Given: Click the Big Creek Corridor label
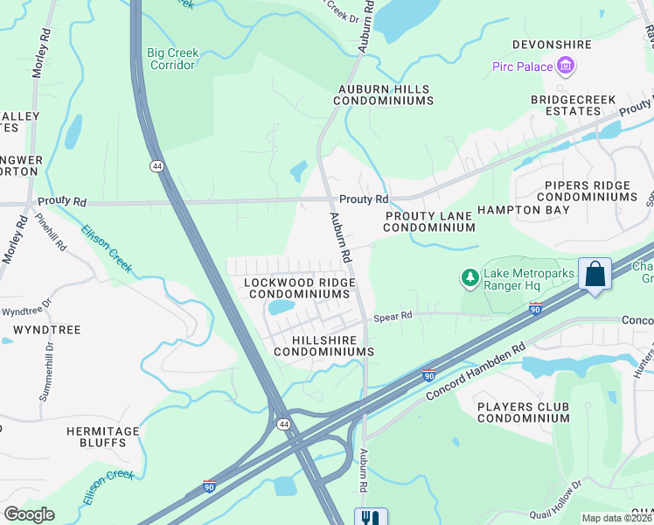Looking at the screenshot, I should (x=172, y=59).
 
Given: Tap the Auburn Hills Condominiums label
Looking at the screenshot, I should (x=383, y=94).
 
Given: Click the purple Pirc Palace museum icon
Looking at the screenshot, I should (x=566, y=66).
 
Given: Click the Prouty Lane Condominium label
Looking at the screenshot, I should (x=428, y=220).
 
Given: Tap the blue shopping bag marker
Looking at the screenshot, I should (x=595, y=273).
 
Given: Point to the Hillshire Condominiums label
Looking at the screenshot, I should (x=324, y=345).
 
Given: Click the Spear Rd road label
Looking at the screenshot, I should (x=393, y=318).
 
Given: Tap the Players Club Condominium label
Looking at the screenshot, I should (x=524, y=412).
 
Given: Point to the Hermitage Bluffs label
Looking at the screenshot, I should (x=103, y=437).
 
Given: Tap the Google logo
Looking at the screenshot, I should (x=29, y=514).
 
